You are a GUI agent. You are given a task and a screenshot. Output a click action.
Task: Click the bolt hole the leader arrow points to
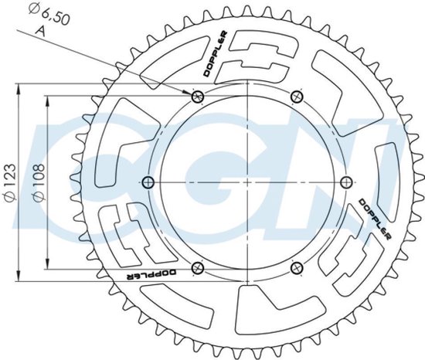[x=197, y=97]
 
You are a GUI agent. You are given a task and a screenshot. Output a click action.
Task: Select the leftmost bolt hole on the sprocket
[x=149, y=182]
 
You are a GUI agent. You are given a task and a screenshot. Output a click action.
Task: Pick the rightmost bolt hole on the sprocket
[x=345, y=182]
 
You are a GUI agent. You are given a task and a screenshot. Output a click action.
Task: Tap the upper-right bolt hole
[x=297, y=97]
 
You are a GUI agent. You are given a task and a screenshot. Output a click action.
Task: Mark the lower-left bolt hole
[x=197, y=267]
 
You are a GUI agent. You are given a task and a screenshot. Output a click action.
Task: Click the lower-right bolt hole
[x=297, y=267]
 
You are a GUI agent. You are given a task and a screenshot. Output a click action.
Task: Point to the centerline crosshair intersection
[x=246, y=182]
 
